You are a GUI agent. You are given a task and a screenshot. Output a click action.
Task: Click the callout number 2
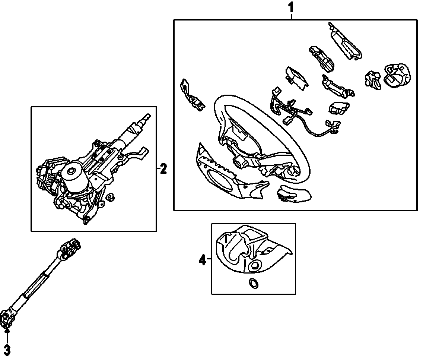(163, 170)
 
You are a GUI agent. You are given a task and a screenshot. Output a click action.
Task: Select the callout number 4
(202, 259)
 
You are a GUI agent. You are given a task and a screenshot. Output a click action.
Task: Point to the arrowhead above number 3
(7, 329)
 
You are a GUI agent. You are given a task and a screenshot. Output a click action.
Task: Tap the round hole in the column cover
(255, 265)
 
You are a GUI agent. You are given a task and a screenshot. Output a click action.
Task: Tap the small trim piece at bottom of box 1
(294, 193)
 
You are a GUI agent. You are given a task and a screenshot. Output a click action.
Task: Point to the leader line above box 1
(292, 15)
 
